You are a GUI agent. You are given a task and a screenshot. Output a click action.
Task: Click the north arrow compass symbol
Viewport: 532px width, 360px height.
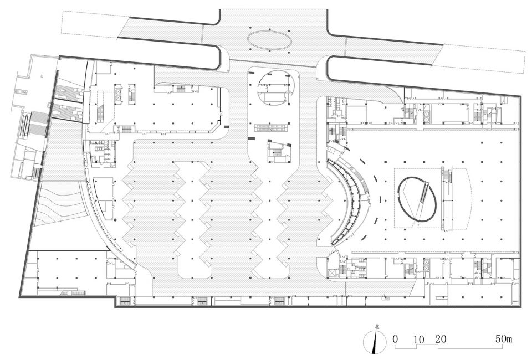(x=375, y=343)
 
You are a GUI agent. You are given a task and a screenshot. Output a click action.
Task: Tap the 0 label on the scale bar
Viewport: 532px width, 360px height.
(x=395, y=339)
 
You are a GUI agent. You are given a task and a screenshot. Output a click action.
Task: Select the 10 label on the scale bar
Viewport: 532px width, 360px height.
(x=419, y=340)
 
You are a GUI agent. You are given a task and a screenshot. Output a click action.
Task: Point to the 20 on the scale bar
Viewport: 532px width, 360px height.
(x=441, y=339)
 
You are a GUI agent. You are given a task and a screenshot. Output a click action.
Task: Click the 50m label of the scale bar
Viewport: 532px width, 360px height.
(x=504, y=339)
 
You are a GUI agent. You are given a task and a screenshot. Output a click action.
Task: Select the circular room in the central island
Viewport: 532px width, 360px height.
(x=275, y=89)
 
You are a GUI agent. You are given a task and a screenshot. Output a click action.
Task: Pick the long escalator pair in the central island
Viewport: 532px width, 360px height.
(x=272, y=127)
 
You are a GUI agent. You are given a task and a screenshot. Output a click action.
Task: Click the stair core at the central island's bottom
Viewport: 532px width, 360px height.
(x=279, y=152)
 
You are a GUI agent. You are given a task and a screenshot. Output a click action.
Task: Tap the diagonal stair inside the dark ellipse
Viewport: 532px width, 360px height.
(x=423, y=192)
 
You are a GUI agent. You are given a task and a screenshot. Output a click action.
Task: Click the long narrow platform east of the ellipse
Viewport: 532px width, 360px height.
(x=447, y=199)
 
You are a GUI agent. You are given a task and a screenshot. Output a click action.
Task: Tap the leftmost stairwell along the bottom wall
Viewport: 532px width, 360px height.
(x=125, y=300)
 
